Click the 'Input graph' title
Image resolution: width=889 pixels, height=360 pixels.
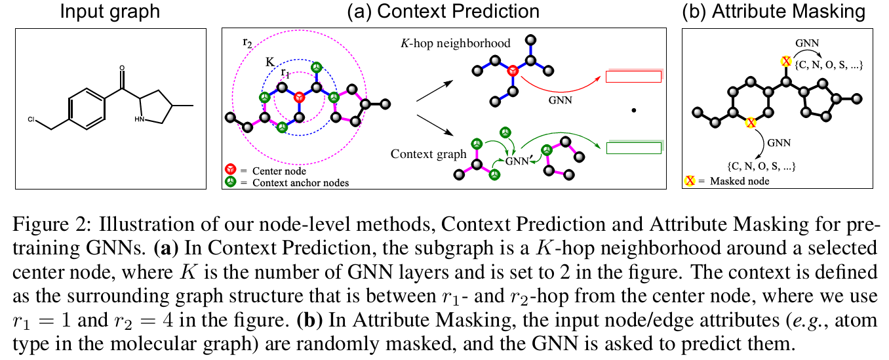coord(111,11)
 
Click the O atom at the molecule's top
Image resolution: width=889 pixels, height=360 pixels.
coord(122,67)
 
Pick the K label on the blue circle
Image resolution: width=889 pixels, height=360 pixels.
coord(269,61)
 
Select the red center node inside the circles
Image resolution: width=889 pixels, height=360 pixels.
coord(299,97)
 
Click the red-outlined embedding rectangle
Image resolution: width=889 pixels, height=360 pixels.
coord(633,77)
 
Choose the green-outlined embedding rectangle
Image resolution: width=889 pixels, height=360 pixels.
coord(633,148)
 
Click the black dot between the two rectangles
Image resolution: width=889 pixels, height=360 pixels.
coord(633,111)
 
